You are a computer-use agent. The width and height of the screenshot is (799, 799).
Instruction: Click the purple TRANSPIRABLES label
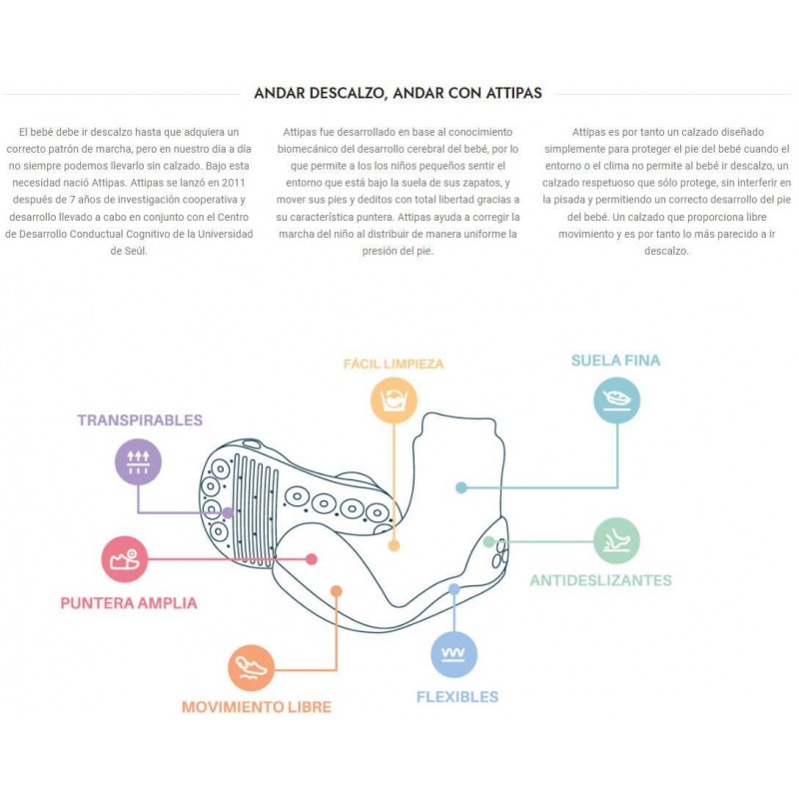tap(140, 420)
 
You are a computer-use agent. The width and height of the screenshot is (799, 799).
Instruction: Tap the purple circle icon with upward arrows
tap(138, 461)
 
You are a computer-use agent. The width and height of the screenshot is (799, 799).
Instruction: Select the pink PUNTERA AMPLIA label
tap(129, 603)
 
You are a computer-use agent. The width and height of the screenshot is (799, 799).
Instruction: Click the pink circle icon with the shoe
tap(125, 559)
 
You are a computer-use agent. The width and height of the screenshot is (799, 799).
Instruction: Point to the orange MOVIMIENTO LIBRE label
tap(257, 707)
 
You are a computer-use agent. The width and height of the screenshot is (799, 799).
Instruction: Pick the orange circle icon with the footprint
tap(252, 668)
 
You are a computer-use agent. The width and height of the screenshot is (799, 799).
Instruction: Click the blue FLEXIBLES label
tap(457, 697)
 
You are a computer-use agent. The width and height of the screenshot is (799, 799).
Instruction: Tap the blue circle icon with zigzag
tap(454, 655)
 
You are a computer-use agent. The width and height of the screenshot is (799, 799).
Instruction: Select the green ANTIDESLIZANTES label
tap(601, 580)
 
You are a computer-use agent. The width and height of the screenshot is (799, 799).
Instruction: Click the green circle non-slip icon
tap(617, 541)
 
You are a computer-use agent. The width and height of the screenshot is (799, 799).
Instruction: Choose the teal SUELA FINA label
tap(616, 361)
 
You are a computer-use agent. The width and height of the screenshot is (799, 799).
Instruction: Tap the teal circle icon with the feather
tap(617, 400)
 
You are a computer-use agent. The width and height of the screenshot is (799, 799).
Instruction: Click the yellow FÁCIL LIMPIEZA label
tap(394, 364)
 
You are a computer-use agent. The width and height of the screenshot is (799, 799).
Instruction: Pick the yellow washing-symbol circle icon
tap(394, 400)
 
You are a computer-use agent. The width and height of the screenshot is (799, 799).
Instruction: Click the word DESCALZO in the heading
tap(347, 93)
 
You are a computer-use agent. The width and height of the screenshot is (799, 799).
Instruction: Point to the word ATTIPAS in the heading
tap(513, 93)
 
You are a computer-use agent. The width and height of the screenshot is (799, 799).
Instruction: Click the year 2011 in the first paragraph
tap(234, 183)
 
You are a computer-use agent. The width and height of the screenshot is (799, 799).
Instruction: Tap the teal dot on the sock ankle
tap(461, 487)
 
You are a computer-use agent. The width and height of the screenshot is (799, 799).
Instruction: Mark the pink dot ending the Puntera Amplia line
tap(312, 559)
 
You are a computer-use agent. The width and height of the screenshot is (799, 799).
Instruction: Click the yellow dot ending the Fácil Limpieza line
tap(394, 545)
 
